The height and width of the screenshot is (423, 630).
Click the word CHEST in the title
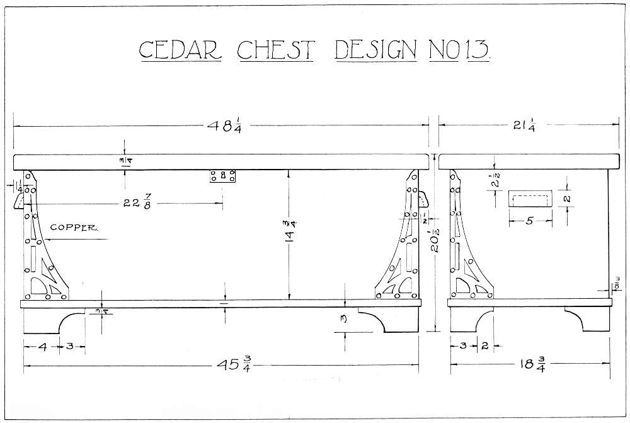click(277, 50)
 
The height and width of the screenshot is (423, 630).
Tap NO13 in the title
click(459, 50)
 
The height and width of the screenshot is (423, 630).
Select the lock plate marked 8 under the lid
click(224, 177)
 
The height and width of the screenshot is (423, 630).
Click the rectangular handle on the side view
click(529, 199)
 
